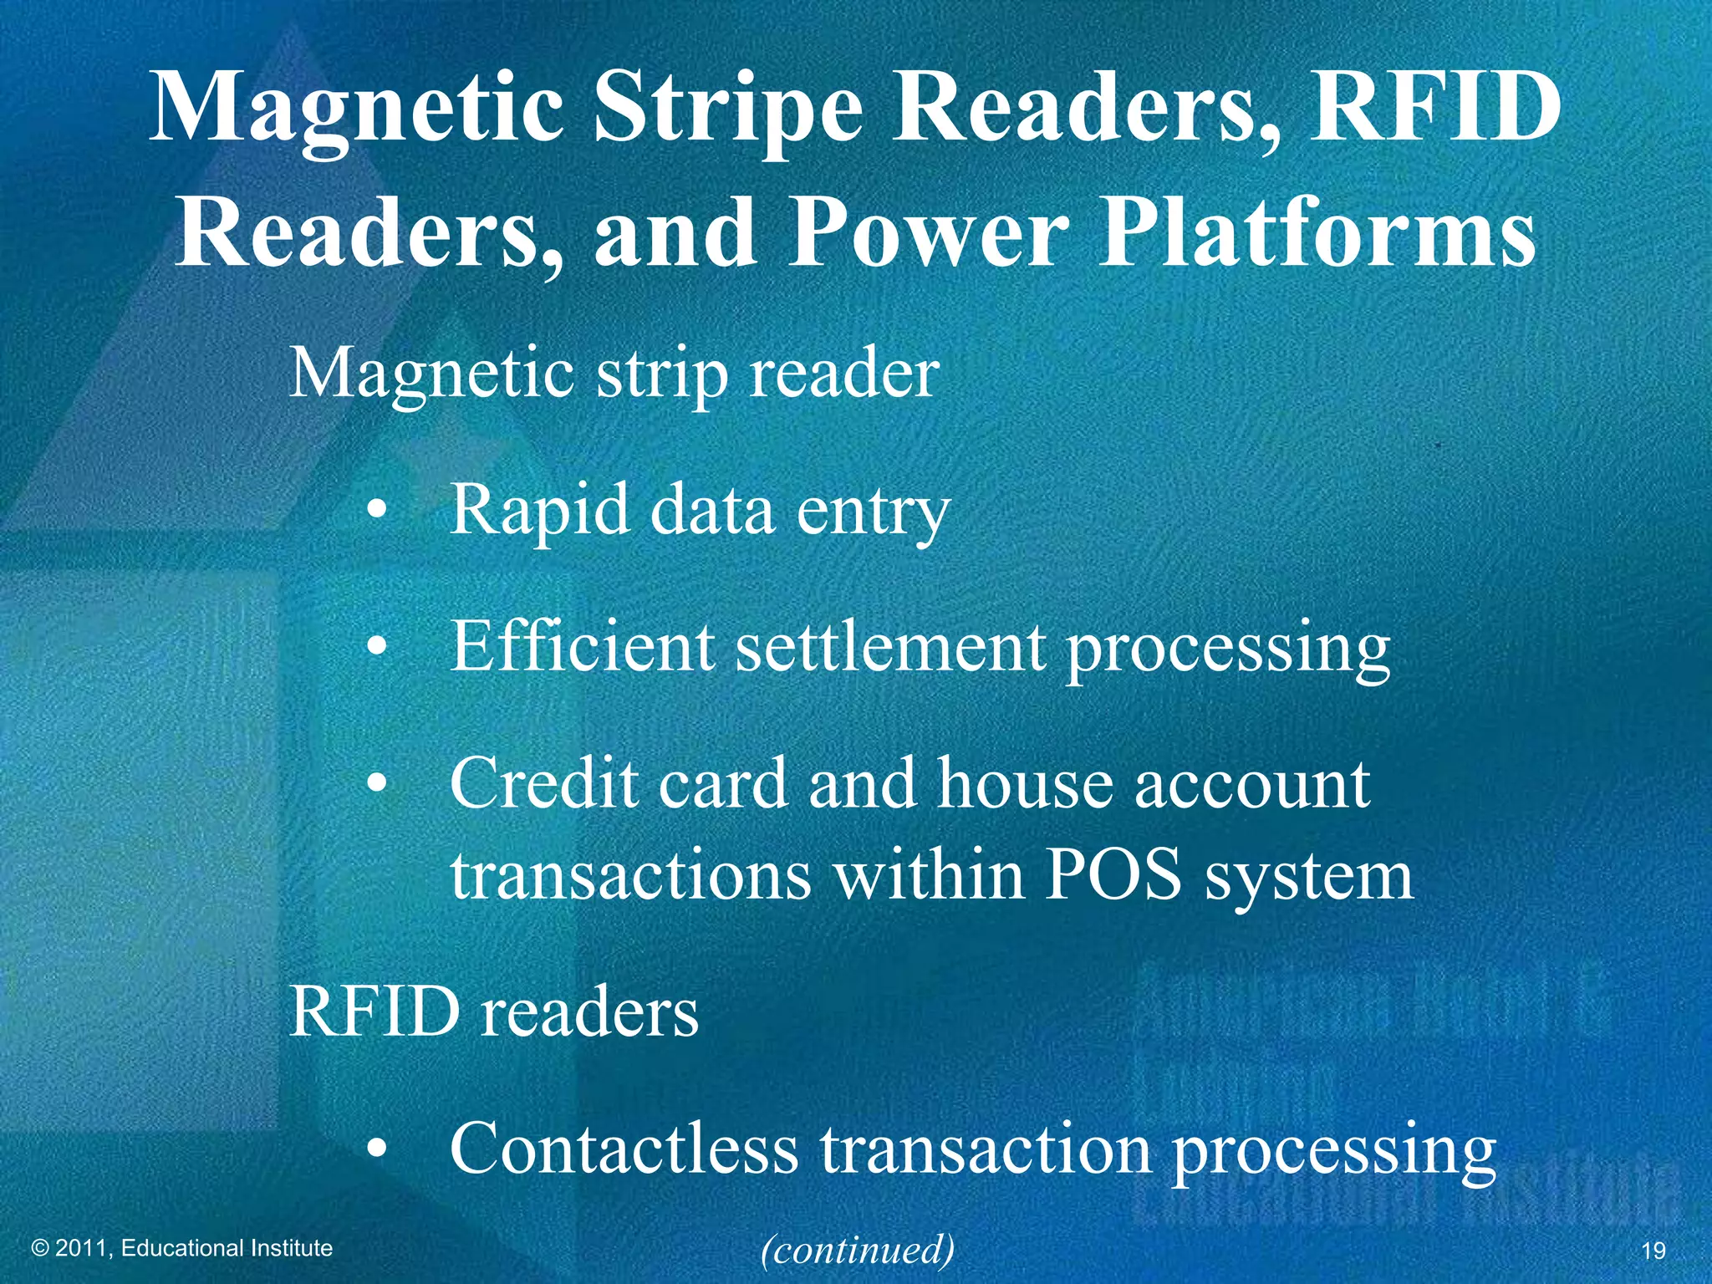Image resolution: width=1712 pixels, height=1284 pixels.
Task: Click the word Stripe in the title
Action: [727, 109]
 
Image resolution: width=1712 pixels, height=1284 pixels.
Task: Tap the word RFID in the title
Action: [1433, 107]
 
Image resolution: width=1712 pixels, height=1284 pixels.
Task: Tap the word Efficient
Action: [583, 646]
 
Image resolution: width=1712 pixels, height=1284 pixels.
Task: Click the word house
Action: [1025, 783]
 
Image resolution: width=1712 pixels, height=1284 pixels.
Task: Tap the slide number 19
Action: [1653, 1251]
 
